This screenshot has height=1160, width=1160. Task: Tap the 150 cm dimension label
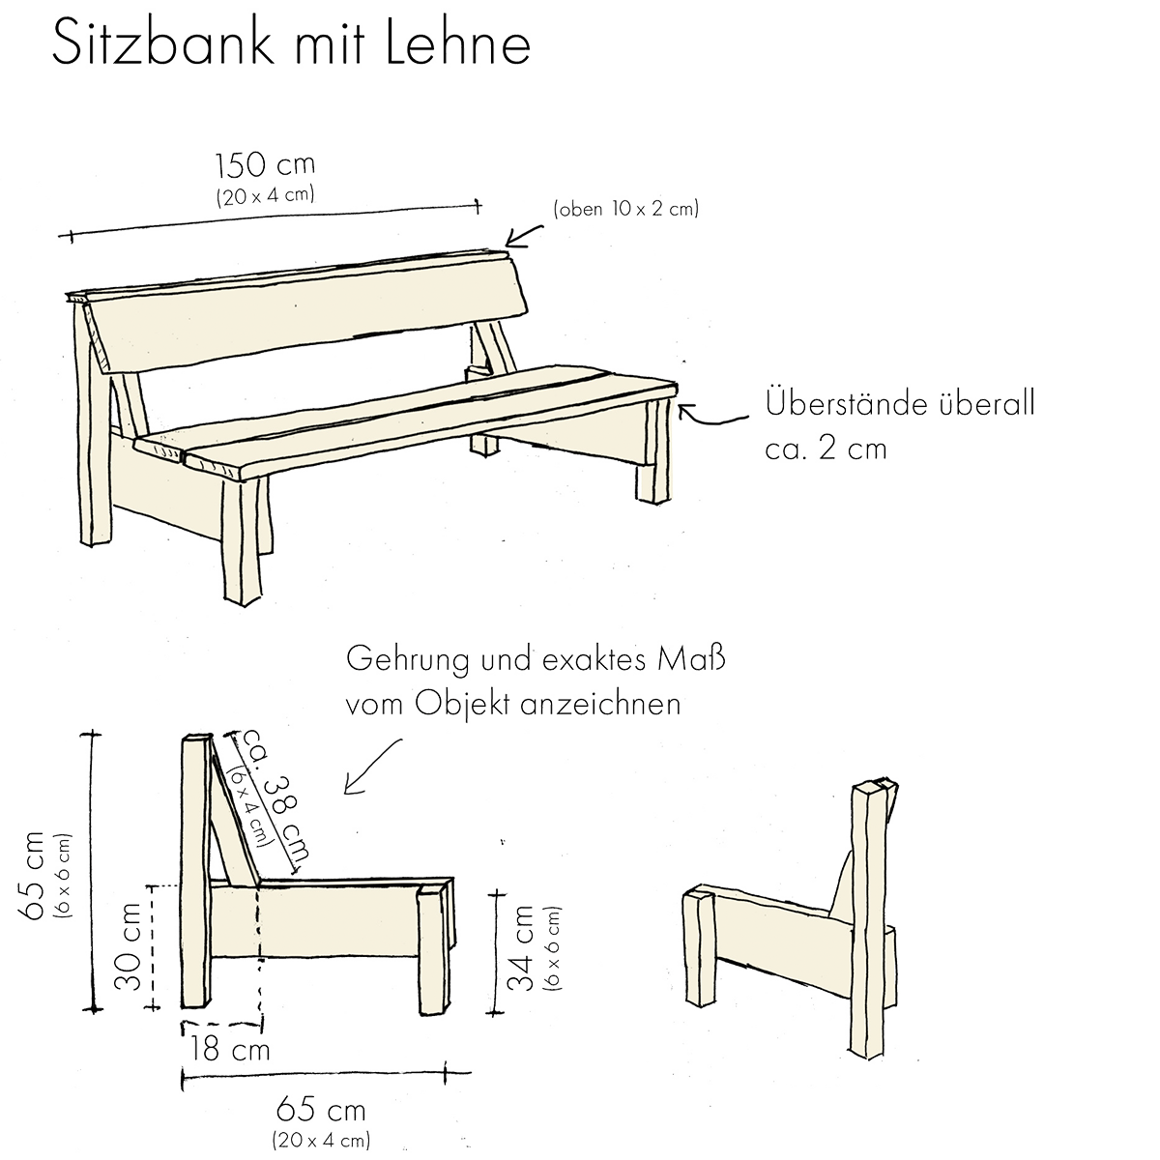click(265, 165)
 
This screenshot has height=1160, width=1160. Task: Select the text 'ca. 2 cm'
click(826, 449)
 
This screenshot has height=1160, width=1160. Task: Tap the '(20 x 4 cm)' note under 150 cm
click(265, 196)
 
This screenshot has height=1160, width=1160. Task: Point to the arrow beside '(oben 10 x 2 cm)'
click(526, 233)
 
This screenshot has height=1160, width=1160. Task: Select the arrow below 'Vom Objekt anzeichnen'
click(377, 764)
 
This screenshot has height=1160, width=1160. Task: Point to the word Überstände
click(841, 404)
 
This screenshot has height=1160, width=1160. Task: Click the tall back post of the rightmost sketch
click(867, 918)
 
